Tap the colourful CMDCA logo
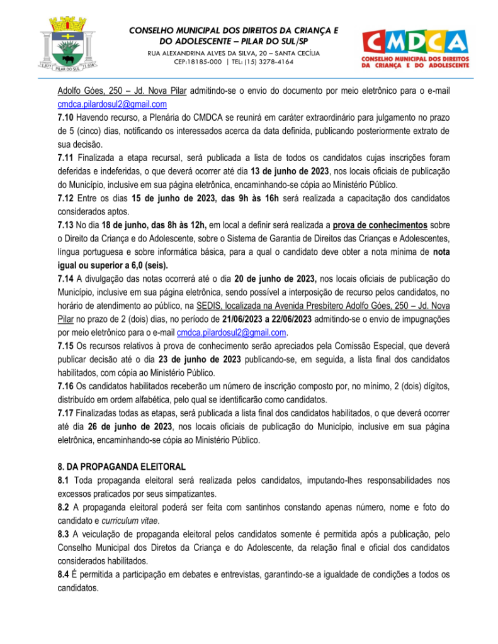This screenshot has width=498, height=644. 415,47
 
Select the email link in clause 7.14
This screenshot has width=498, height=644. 231,332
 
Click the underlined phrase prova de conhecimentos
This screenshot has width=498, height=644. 380,225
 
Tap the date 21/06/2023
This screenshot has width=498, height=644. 247,319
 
